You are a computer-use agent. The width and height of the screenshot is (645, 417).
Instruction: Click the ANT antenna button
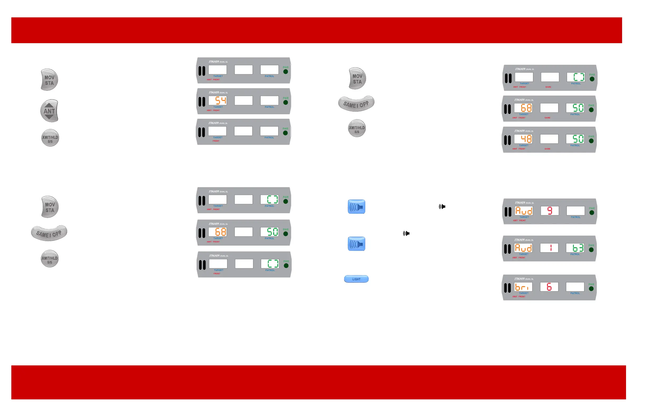click(49, 111)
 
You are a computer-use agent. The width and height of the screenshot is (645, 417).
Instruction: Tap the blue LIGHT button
click(356, 279)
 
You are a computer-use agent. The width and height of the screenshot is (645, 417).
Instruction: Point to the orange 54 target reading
click(220, 101)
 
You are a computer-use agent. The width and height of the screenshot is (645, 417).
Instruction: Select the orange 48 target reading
click(526, 139)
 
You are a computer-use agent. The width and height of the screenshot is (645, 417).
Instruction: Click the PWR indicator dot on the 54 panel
click(285, 103)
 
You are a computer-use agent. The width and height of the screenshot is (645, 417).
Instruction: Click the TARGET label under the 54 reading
click(218, 107)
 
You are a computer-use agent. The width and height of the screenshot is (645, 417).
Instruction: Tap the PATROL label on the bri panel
click(575, 293)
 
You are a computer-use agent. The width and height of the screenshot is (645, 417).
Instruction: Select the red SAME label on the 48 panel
click(547, 149)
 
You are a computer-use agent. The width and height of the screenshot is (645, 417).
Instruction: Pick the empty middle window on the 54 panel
click(243, 101)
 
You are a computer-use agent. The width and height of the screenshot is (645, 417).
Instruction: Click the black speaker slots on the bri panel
click(507, 287)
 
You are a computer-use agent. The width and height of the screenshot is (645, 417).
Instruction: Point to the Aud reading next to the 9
click(524, 211)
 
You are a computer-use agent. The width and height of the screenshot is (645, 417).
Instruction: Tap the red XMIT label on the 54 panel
click(209, 111)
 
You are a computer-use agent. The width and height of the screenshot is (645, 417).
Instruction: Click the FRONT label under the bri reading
click(522, 297)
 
